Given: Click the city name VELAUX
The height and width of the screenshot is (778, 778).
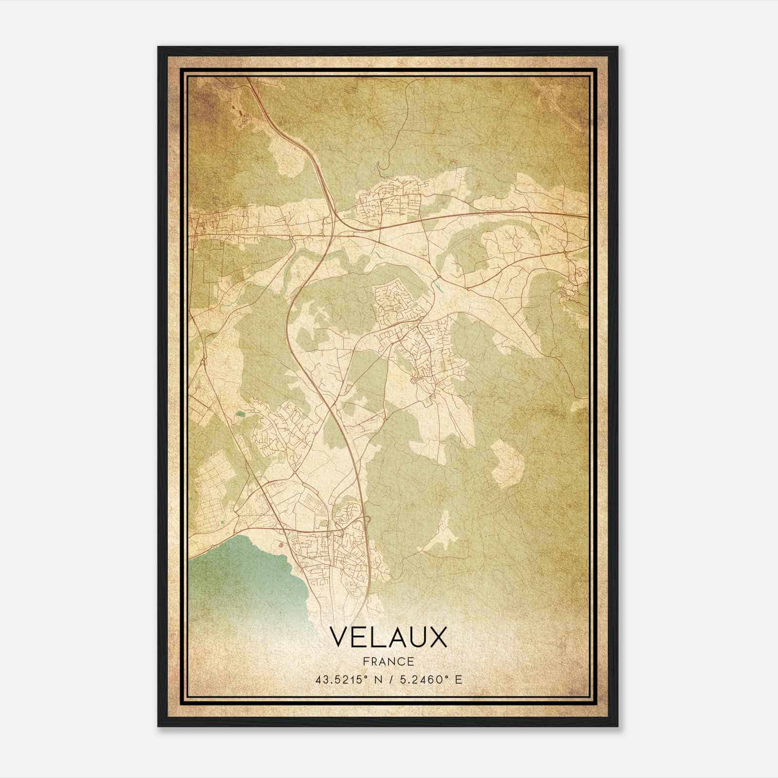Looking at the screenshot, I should click(388, 637).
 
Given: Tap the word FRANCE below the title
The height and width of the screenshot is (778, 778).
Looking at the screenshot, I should click(388, 662).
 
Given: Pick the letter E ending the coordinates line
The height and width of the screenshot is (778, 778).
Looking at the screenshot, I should click(458, 680).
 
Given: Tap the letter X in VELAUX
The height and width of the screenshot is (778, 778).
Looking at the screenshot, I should click(438, 637).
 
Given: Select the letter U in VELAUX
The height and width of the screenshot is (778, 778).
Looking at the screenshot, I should click(417, 637).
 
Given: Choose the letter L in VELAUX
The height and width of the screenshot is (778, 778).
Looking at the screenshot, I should click(377, 637).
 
